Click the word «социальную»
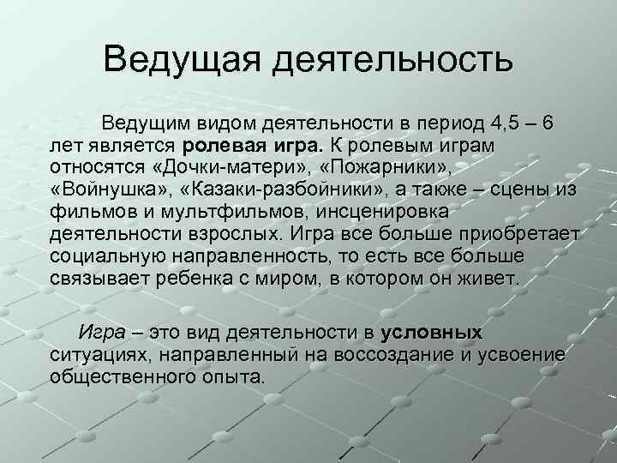tap(111, 256)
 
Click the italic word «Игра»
tap(103, 333)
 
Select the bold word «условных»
tap(432, 333)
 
